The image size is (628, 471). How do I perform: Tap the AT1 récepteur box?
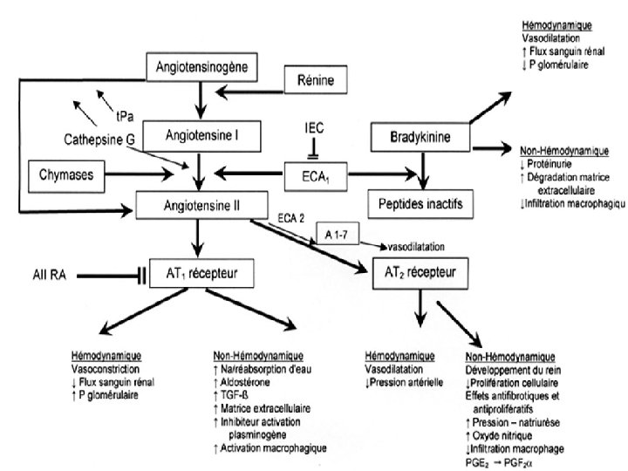tap(202, 275)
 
